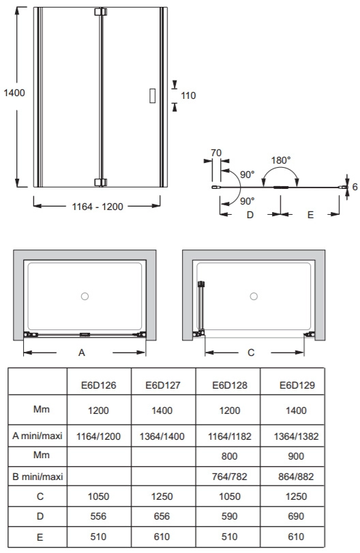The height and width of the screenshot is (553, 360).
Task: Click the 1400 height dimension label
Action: click(14, 93)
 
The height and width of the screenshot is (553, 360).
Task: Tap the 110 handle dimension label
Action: click(188, 95)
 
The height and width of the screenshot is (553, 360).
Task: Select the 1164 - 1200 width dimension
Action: click(97, 207)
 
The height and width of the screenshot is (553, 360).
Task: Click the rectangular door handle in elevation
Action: click(152, 95)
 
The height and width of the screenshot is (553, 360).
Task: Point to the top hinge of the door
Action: click(100, 12)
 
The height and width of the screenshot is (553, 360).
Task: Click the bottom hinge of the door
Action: click(100, 182)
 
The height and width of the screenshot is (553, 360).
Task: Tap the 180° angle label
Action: click(281, 160)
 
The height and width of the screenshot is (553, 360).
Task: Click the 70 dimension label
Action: click(216, 153)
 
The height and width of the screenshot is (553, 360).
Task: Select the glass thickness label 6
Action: click(355, 187)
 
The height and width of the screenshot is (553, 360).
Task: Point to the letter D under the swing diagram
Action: click(250, 215)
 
